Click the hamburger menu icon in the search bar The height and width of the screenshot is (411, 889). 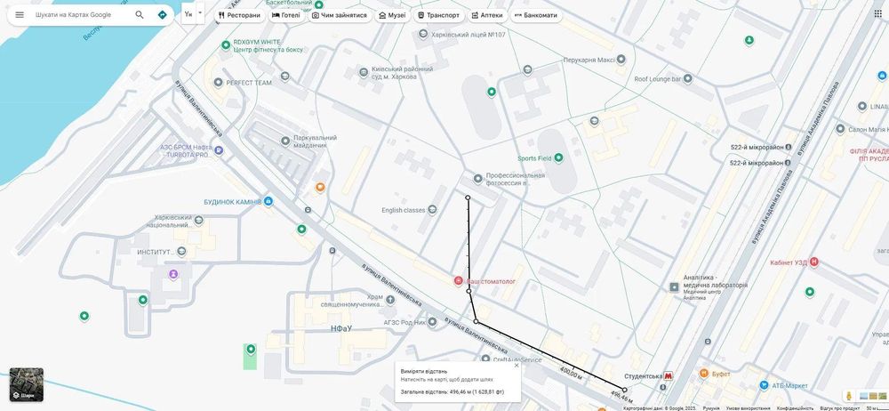pos(20,14)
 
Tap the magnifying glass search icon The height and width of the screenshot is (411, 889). pos(140,14)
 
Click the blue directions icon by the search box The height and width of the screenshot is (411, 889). pos(162,14)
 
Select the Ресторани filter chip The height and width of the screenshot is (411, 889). pos(240,15)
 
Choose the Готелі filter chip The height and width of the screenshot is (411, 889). pos(286,15)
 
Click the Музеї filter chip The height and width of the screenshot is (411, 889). pos(392,15)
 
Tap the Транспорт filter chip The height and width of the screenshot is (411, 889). pos(438,15)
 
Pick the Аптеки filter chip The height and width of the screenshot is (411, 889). pos(487,15)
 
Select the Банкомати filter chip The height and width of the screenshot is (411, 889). pos(536,15)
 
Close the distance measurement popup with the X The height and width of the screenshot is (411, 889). pos(516,365)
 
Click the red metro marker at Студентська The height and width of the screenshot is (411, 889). pos(669,376)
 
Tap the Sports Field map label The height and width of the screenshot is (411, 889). pos(534,158)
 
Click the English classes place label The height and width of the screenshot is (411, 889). pos(404,210)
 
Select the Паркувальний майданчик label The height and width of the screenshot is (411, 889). pos(315,141)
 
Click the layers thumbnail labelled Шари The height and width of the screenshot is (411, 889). pos(26,384)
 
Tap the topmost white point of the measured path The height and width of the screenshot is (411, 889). pos(468,197)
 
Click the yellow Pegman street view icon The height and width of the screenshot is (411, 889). pos(849,396)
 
